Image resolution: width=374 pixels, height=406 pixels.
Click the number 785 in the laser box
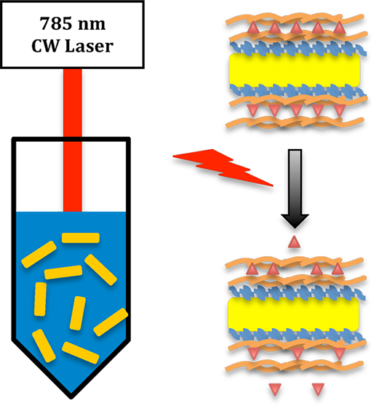pyautogui.click(x=56, y=23)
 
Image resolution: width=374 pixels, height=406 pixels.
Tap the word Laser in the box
pyautogui.click(x=89, y=46)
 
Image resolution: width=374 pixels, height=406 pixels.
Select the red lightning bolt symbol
pyautogui.click(x=223, y=167)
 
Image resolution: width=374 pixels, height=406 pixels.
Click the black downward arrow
pyautogui.click(x=295, y=188)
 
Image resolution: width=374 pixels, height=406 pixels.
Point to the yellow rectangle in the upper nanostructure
pyautogui.click(x=295, y=70)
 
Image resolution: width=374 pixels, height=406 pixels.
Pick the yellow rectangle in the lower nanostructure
pyautogui.click(x=293, y=314)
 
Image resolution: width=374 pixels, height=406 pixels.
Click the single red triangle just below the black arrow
pyautogui.click(x=294, y=242)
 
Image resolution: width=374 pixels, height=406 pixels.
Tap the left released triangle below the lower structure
pyautogui.click(x=275, y=390)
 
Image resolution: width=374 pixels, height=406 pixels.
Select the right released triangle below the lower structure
pyautogui.click(x=318, y=390)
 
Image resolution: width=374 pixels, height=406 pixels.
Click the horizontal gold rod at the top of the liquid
pyautogui.click(x=81, y=238)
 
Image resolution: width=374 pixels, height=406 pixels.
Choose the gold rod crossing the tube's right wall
pyautogui.click(x=111, y=322)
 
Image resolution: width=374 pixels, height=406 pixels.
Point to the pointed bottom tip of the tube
pyautogui.click(x=71, y=397)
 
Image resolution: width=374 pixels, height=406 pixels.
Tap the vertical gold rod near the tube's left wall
pyautogui.click(x=41, y=299)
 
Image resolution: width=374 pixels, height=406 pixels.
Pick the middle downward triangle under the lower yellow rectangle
pyautogui.click(x=298, y=354)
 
